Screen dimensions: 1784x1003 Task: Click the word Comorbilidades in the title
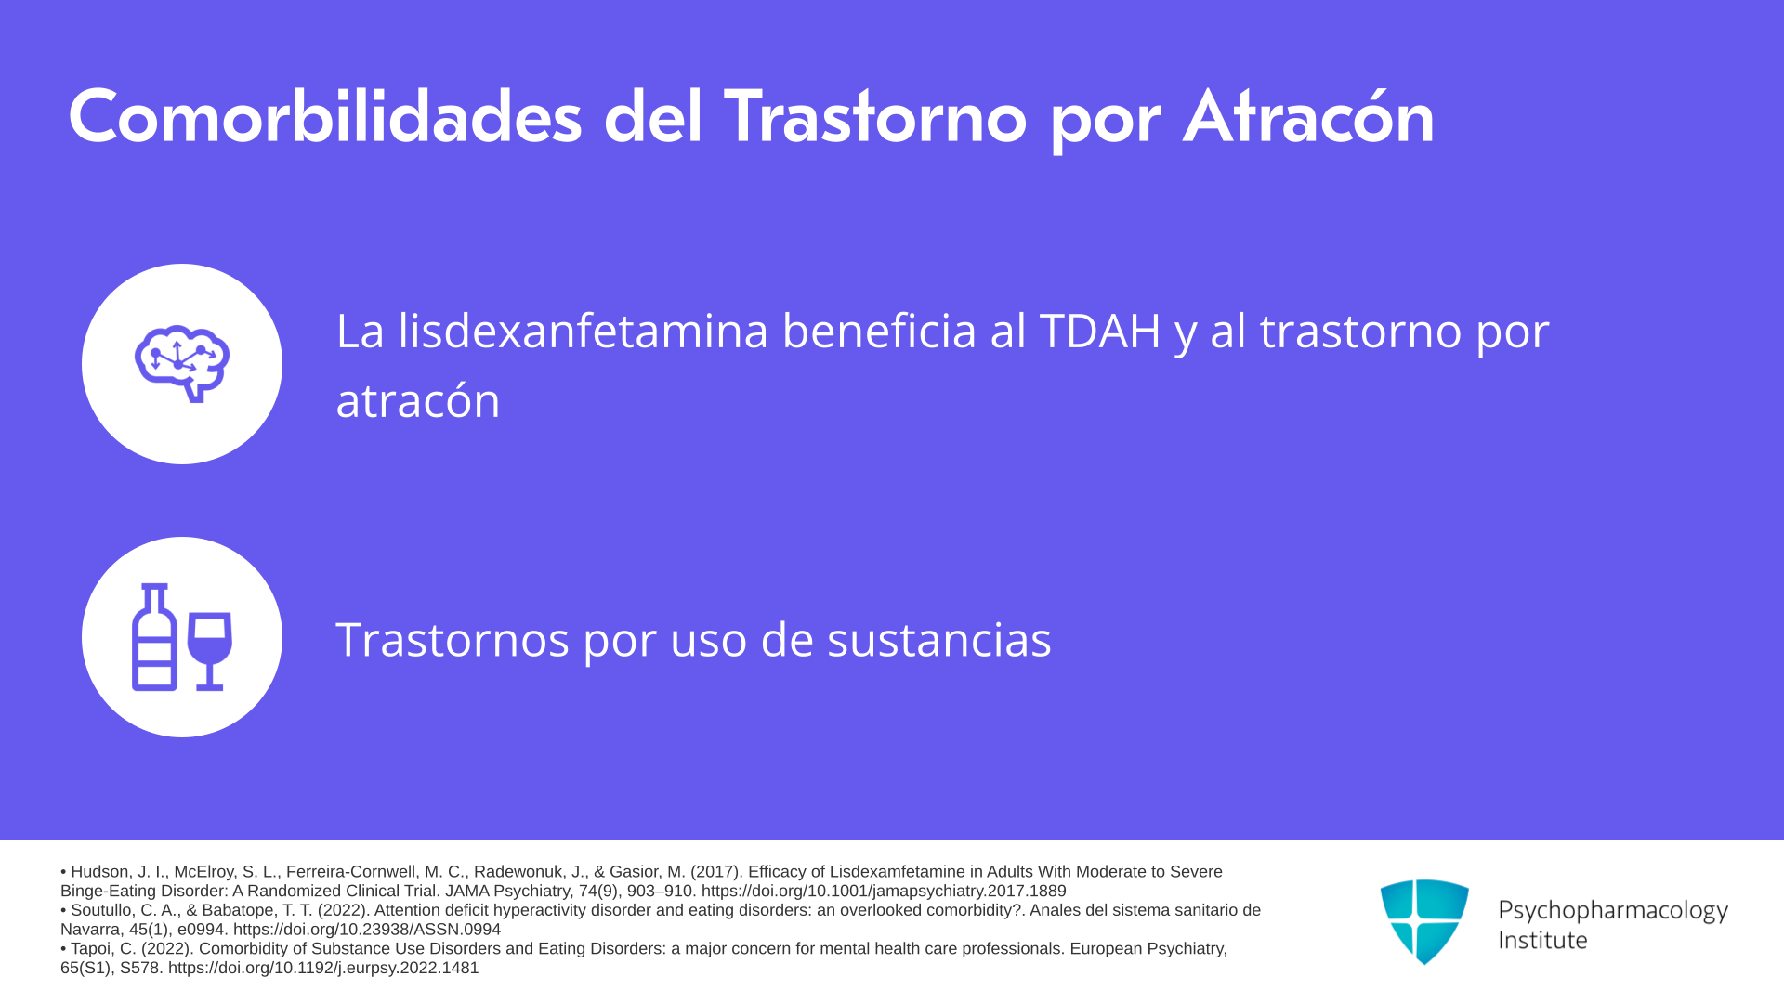coord(325,118)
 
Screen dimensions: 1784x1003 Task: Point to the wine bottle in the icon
coord(154,637)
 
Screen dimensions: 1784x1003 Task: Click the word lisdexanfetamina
coord(583,331)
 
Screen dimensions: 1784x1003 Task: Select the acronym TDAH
coord(1100,331)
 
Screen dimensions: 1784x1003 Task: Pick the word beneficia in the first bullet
coord(879,331)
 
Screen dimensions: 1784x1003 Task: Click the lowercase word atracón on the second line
coord(418,400)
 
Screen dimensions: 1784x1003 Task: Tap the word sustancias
coord(939,640)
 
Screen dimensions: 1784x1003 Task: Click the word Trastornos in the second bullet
coord(453,640)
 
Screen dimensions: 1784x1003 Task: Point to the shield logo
coord(1424,921)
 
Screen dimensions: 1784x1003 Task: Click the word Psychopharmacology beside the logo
coord(1613,911)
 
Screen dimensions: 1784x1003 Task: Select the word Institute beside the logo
coord(1542,941)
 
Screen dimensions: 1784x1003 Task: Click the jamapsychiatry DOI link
coord(884,891)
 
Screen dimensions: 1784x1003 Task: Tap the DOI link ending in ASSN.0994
coord(367,930)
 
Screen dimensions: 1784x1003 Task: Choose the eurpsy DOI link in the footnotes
coord(323,968)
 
